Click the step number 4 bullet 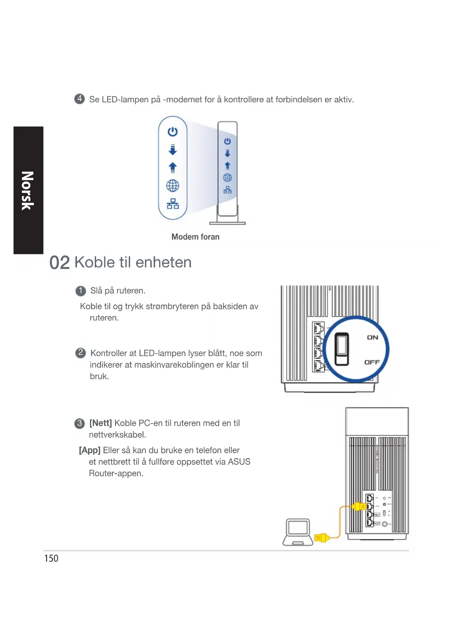point(79,99)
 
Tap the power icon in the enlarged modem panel point(173,132)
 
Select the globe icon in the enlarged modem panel point(173,186)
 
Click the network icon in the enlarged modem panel point(173,204)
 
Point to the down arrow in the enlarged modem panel point(173,149)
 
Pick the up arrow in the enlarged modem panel point(173,167)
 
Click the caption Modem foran point(195,237)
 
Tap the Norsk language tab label point(28,190)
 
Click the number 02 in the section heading point(59,263)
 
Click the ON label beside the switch point(372,337)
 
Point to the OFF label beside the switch point(372,362)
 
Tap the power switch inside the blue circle point(342,349)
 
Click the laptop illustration point(298,532)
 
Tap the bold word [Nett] point(101,423)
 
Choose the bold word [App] point(90,450)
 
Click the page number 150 point(51,558)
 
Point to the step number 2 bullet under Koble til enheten point(80,353)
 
